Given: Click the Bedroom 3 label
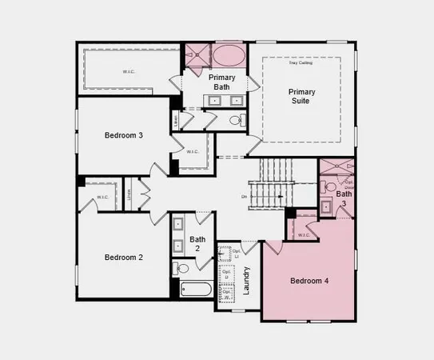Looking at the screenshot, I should click(124, 135).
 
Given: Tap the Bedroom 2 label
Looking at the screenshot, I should click(124, 257).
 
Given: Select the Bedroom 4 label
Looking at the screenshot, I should click(309, 281).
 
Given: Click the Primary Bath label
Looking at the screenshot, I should click(222, 82).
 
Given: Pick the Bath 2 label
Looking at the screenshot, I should click(197, 244).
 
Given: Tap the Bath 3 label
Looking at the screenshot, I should click(344, 198).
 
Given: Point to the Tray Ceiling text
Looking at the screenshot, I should click(301, 63).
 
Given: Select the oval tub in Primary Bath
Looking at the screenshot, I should click(229, 57).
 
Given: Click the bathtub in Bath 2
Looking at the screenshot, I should click(196, 290).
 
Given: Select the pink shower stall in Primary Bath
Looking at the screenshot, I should click(197, 57).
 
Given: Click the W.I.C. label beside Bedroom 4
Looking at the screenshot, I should click(304, 235).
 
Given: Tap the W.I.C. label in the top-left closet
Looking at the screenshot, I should click(128, 71).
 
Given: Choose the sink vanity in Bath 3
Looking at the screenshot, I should click(327, 207).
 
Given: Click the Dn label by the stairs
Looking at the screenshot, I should click(244, 196).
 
